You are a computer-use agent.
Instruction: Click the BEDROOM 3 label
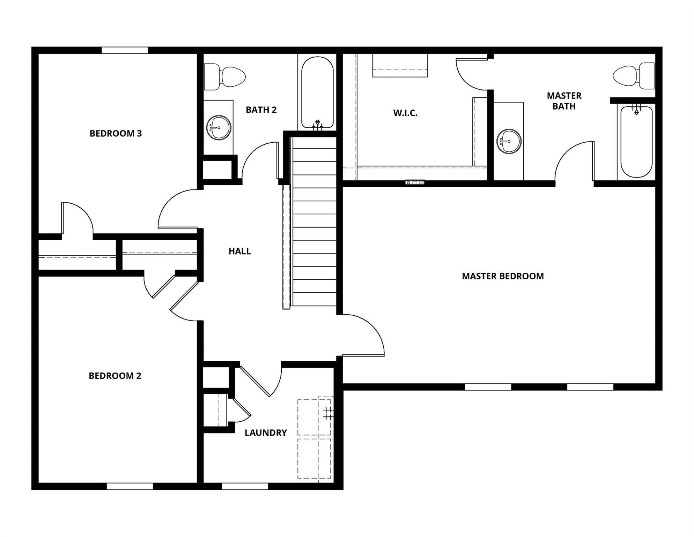coord(116,133)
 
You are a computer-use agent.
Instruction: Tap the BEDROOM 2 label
coord(115,375)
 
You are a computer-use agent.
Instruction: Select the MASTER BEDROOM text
coord(503,276)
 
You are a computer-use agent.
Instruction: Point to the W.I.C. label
coord(405,113)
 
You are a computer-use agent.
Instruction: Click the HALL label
coord(239,251)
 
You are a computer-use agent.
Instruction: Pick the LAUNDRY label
coord(266,432)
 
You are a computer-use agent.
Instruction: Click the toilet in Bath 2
coord(227,77)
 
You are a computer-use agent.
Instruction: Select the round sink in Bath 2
coord(219,128)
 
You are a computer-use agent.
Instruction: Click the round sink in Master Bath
coord(509,141)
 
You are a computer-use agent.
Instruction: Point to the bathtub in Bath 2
coord(317,93)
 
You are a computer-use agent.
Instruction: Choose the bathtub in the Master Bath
coord(636,142)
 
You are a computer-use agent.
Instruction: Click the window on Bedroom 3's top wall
coord(125,50)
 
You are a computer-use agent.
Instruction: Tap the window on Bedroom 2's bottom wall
coord(130,486)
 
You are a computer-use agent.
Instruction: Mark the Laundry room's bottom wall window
coord(245,486)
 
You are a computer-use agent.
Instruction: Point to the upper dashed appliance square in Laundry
coord(314,417)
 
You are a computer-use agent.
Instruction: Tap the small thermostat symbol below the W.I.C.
coord(415,182)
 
